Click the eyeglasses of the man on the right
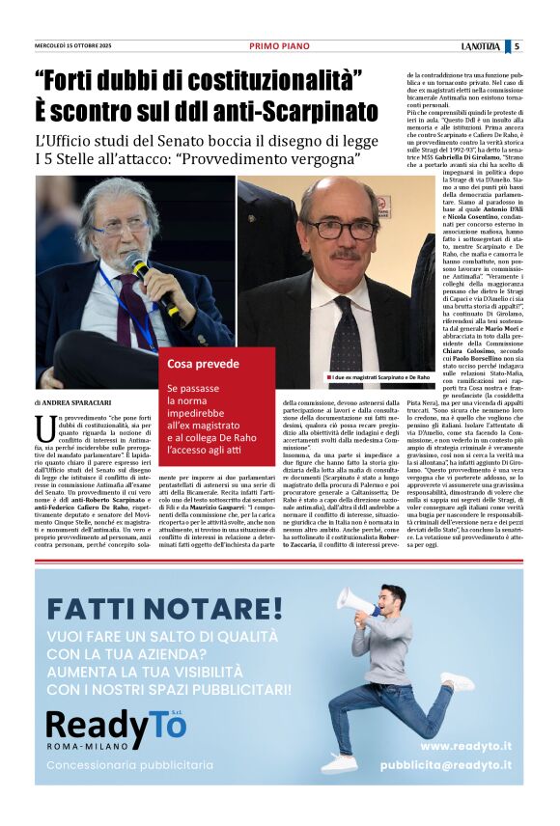[x=341, y=230]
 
